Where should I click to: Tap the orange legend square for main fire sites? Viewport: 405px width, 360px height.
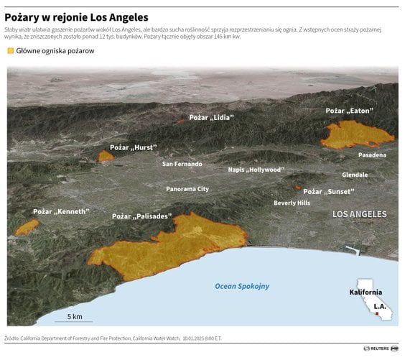tap(10, 51)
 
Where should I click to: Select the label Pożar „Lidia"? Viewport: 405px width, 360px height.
tap(211, 116)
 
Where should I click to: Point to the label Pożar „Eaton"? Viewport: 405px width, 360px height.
tap(348, 111)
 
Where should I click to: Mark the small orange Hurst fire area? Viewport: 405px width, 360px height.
tap(106, 156)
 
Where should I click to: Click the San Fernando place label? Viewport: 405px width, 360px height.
tap(182, 164)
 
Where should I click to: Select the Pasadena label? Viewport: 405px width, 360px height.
tap(372, 155)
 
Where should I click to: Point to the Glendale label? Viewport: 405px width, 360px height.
tap(355, 175)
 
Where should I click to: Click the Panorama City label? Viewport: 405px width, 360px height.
tap(187, 189)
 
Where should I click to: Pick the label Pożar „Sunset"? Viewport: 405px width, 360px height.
tap(328, 192)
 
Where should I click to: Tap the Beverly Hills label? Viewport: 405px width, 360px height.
tap(292, 203)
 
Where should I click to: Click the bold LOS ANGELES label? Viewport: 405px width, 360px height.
tap(359, 214)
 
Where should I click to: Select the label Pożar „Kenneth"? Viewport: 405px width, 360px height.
tap(61, 211)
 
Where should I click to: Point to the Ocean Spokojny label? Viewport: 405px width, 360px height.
tap(242, 286)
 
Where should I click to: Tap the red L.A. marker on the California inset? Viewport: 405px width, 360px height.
tap(376, 313)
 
